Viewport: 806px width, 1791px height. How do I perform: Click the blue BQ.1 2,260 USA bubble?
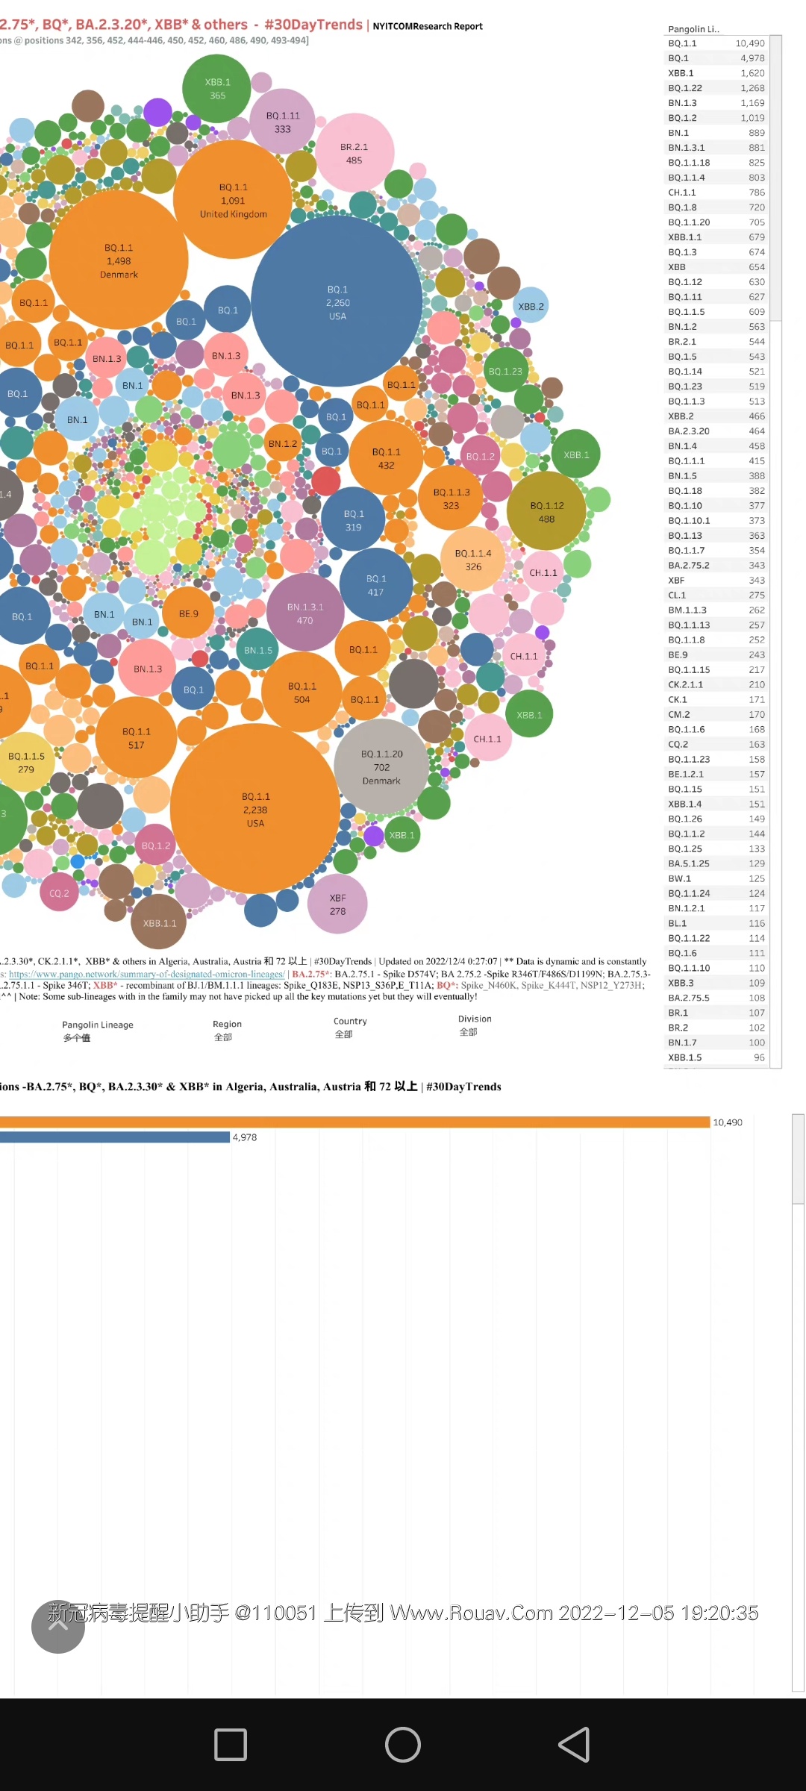[x=337, y=301]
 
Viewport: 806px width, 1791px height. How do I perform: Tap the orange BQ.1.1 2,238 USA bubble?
[x=255, y=809]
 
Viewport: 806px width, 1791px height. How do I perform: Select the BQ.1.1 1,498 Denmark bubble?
[x=119, y=260]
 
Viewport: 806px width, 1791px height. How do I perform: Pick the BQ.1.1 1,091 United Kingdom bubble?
[x=233, y=199]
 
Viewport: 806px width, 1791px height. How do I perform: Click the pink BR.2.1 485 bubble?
[x=354, y=153]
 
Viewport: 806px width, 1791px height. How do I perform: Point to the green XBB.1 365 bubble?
[x=217, y=88]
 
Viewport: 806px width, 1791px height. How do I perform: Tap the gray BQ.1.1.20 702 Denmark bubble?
[x=381, y=766]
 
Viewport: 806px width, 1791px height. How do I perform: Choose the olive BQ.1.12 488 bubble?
[x=547, y=511]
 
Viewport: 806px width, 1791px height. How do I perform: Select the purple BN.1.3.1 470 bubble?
[x=304, y=613]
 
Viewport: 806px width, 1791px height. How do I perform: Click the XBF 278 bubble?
[x=337, y=904]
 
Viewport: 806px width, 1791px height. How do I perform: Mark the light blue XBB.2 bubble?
[x=531, y=306]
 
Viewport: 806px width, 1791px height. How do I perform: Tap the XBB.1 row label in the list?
[x=681, y=73]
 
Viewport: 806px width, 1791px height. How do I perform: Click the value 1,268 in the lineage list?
[x=752, y=88]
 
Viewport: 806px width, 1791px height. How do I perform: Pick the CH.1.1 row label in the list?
[x=682, y=193]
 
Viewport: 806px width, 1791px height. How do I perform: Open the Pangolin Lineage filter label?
[x=98, y=1025]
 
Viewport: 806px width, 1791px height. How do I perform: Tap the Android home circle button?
[x=403, y=1745]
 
